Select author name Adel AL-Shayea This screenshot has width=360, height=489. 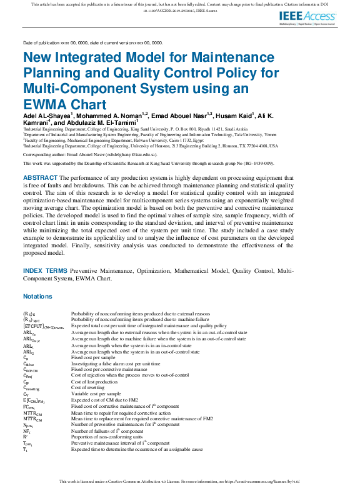click(48, 116)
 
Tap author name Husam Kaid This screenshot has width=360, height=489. click(231, 116)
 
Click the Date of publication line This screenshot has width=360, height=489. click(92, 43)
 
